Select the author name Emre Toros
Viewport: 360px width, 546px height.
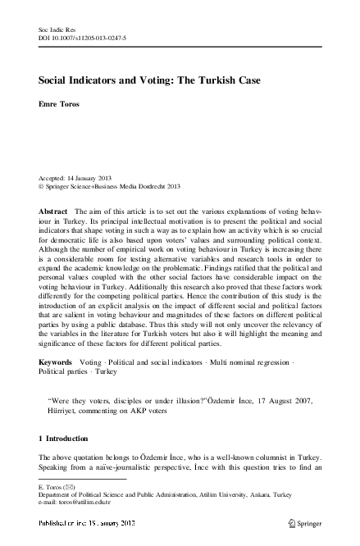[58, 104]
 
